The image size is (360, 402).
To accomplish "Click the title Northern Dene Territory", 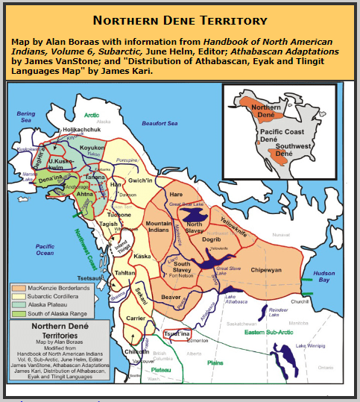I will (x=180, y=20).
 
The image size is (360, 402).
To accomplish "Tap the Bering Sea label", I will (x=26, y=116).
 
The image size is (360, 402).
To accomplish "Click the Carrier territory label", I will (x=135, y=317).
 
